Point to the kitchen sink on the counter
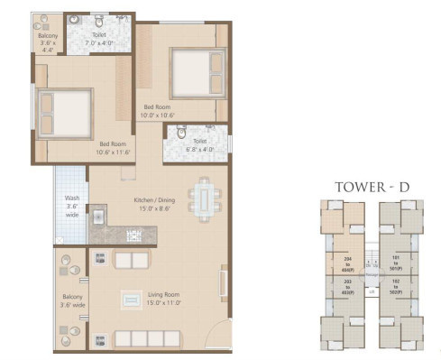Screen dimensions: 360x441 pyautogui.click(x=99, y=216)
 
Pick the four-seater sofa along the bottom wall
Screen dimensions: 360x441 pyautogui.click(x=146, y=340)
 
